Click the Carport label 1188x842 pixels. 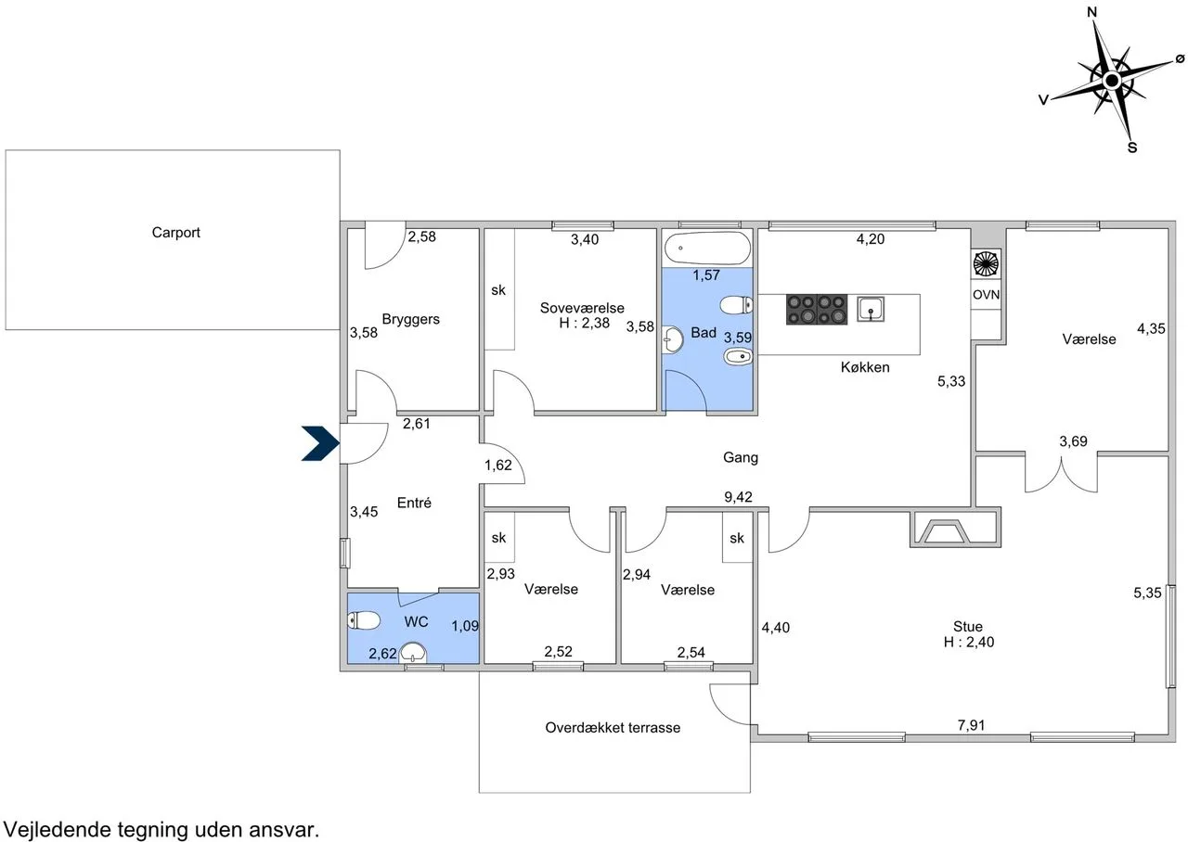click(175, 233)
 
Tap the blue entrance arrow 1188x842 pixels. click(320, 443)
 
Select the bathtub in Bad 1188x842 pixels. click(707, 248)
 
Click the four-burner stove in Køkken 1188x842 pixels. click(817, 310)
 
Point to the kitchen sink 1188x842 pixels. click(871, 310)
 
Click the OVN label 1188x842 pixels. click(986, 295)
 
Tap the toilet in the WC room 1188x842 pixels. click(364, 620)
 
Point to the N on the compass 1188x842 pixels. click(1092, 12)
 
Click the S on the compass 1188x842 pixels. click(1132, 147)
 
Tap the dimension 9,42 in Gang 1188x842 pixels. click(738, 497)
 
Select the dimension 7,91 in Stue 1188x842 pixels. click(971, 725)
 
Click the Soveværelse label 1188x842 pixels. click(582, 308)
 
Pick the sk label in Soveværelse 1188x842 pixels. click(498, 290)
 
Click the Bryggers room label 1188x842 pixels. click(410, 320)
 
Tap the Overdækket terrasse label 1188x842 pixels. click(613, 728)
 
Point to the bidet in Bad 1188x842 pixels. click(738, 357)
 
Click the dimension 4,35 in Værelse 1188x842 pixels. click(1151, 328)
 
